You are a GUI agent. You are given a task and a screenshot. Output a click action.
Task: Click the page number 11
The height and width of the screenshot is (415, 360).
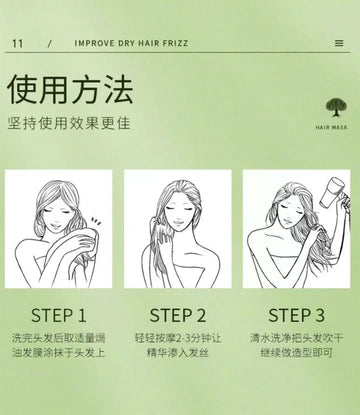18,43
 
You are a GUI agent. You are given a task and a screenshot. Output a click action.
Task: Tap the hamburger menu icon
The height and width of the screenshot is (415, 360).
339,43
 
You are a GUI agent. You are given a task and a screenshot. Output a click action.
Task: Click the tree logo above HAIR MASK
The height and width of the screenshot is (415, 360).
336,107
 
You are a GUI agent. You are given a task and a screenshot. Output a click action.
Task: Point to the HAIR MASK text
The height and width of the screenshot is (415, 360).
331,127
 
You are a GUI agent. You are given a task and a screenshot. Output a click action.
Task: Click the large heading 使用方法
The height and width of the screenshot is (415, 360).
70,89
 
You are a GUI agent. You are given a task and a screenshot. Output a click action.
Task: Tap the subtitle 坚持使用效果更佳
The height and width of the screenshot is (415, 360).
69,123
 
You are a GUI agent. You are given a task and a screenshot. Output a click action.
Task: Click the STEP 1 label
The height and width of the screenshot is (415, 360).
59,315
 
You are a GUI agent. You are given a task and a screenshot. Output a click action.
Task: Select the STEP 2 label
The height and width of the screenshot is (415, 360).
178,315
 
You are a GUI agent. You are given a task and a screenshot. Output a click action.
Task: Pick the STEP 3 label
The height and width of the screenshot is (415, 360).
296,315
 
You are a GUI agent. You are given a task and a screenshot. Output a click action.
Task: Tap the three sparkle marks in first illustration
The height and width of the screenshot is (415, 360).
96,222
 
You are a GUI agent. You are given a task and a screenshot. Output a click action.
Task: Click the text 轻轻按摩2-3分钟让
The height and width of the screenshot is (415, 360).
178,338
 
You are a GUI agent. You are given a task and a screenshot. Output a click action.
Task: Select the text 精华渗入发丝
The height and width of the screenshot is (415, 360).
178,352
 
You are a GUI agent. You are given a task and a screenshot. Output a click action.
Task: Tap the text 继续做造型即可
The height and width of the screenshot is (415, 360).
297,352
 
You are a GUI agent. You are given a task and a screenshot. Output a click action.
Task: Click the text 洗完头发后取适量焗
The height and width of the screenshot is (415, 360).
59,338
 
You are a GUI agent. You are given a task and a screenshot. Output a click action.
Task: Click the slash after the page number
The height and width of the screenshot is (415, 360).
50,44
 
